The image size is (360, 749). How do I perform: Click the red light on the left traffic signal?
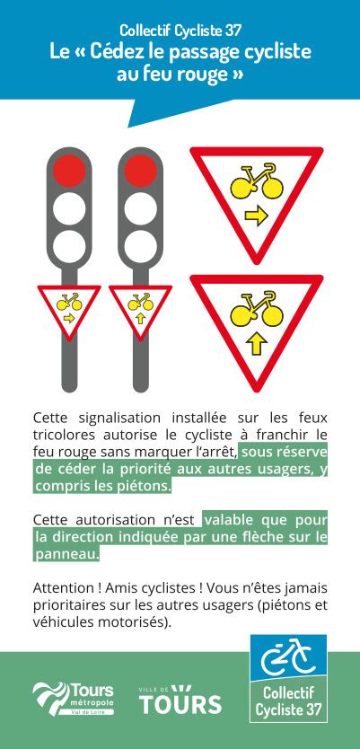[x=69, y=171]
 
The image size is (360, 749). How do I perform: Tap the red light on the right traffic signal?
[x=140, y=171]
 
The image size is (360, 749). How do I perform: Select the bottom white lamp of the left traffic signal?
[x=69, y=246]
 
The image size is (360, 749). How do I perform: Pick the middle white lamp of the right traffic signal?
[x=140, y=208]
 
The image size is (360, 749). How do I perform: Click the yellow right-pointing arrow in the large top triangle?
[x=257, y=216]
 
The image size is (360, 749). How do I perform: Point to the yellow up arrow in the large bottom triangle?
[x=257, y=344]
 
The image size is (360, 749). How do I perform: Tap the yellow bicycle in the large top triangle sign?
[x=257, y=182]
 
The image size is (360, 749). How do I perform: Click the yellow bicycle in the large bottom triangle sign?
[x=257, y=310]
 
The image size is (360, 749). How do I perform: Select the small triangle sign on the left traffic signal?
[x=69, y=311]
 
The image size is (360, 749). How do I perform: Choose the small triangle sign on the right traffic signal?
[x=140, y=311]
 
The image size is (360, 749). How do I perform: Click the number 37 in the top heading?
[x=233, y=31]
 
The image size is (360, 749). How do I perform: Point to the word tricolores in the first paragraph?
[x=61, y=436]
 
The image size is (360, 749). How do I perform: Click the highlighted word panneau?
[x=66, y=554]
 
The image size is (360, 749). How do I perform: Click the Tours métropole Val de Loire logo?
[x=74, y=699]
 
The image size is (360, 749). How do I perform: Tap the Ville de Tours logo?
[x=180, y=700]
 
